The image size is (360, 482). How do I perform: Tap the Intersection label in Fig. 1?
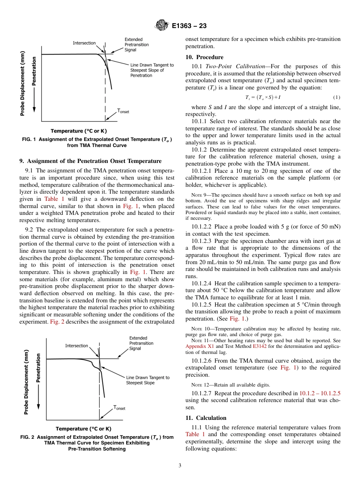84,43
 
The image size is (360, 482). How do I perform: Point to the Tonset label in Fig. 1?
123,111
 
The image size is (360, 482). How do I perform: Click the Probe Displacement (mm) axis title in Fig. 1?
23,83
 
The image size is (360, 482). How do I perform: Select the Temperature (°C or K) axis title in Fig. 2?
84,429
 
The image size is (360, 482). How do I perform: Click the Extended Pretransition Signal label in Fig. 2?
141,343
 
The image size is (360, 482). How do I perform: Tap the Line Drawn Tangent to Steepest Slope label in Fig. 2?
147,380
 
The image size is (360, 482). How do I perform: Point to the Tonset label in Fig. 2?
119,408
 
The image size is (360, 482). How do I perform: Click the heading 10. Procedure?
204,57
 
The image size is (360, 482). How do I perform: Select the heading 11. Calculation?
206,418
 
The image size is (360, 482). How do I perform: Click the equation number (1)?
337,97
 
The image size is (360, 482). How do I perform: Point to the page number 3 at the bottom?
180,465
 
